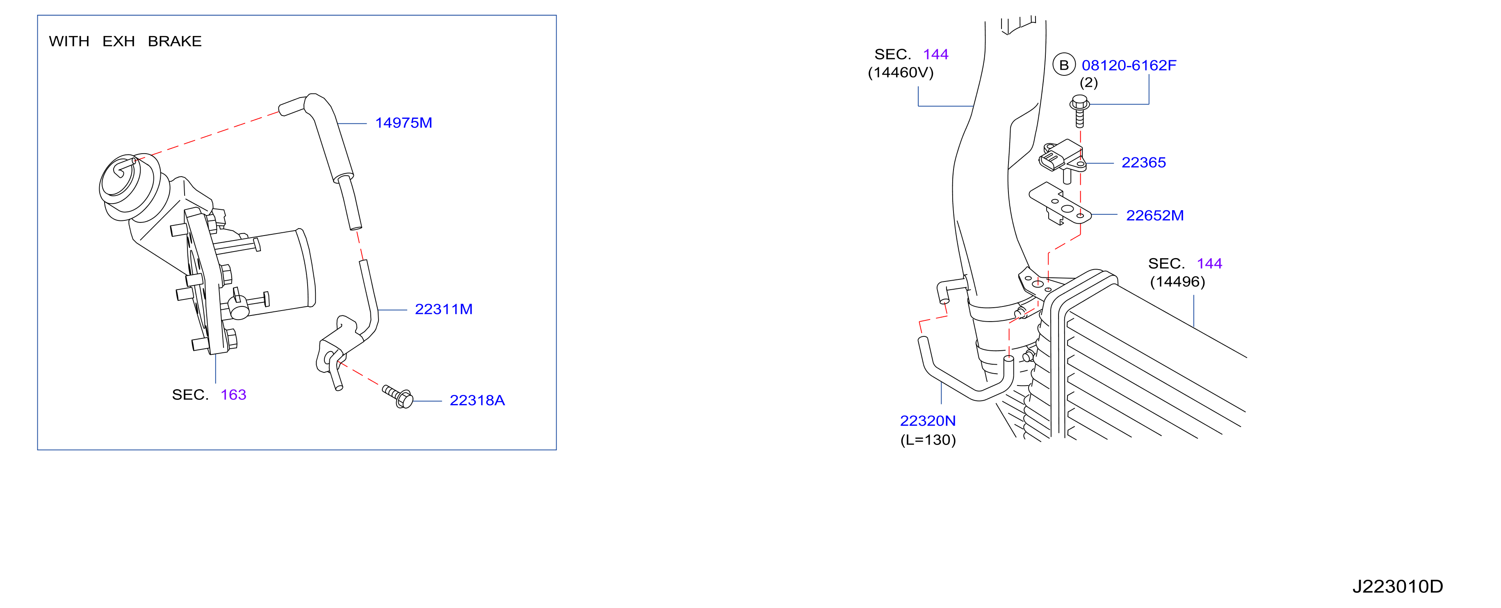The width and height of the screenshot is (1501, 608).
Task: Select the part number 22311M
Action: click(443, 309)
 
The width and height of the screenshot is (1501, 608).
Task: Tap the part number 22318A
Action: click(477, 400)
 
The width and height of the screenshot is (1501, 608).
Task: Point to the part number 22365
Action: click(1143, 163)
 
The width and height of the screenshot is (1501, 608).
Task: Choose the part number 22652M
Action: click(1155, 216)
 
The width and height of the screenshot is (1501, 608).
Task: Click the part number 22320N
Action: click(928, 420)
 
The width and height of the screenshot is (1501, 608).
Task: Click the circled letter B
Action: click(1064, 65)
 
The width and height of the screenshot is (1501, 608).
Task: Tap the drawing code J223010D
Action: click(1397, 586)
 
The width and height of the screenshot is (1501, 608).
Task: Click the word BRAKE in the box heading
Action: click(175, 41)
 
